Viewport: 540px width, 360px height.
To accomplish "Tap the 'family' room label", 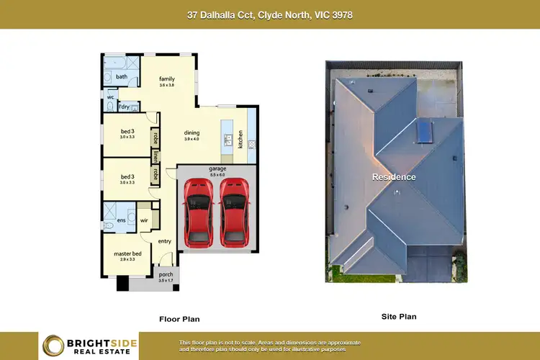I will [x=167, y=78].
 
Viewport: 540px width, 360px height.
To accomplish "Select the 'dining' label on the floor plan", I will [x=192, y=132].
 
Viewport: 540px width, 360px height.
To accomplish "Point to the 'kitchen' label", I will [x=241, y=134].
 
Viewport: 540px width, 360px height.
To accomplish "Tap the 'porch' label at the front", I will [x=166, y=274].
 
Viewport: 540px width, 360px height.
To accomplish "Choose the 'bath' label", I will [x=122, y=76].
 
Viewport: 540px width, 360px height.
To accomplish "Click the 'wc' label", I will [x=111, y=96].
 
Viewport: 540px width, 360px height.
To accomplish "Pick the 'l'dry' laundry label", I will [x=125, y=107].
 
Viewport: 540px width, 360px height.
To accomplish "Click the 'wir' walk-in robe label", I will [x=145, y=220].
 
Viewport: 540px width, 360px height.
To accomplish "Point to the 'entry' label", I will [x=165, y=241].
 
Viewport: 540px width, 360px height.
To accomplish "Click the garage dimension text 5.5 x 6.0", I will [x=217, y=174].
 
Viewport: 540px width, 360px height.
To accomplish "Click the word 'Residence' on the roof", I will [x=393, y=176].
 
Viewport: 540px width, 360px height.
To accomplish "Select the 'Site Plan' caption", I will [x=398, y=316].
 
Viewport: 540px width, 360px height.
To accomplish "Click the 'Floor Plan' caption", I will [x=179, y=318].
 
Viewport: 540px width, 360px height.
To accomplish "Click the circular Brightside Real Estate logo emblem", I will [x=53, y=346].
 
